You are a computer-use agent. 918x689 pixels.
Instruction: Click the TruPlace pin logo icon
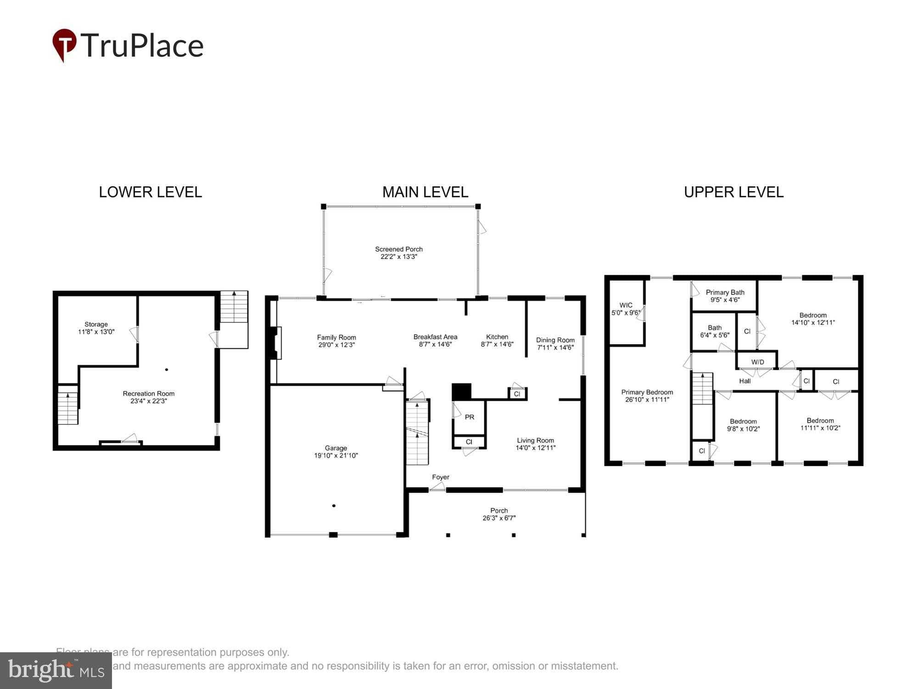[x=64, y=44]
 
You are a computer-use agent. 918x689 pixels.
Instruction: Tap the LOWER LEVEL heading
[x=150, y=192]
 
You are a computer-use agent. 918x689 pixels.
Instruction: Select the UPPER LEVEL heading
[x=733, y=192]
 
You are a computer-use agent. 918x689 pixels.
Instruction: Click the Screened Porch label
[x=398, y=249]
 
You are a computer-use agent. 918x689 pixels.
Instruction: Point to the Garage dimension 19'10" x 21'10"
[x=335, y=456]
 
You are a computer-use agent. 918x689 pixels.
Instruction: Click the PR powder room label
[x=469, y=417]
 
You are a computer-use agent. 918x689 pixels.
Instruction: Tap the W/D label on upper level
[x=757, y=362]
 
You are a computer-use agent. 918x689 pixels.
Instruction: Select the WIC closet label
[x=626, y=305]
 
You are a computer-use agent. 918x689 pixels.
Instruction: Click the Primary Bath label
[x=725, y=292]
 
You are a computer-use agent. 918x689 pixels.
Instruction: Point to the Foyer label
[x=440, y=477]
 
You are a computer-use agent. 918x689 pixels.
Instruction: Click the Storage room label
[x=96, y=324]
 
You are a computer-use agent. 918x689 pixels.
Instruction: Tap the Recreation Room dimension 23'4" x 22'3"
[x=148, y=401]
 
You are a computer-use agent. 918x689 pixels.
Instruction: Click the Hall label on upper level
[x=744, y=381]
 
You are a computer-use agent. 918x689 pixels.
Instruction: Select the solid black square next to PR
[x=461, y=392]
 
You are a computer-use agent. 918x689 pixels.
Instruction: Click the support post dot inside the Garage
[x=334, y=506]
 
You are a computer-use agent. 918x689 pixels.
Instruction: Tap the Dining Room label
[x=555, y=340]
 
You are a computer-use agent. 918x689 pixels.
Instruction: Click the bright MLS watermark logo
[x=56, y=671]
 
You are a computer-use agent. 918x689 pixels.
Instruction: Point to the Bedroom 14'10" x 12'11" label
[x=812, y=315]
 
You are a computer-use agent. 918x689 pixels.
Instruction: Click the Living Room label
[x=535, y=440]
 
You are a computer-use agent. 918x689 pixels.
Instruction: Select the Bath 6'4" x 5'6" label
[x=714, y=328]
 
